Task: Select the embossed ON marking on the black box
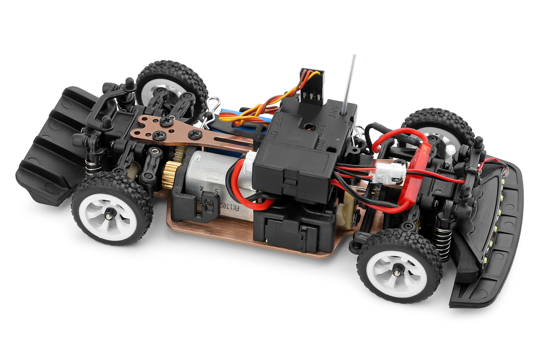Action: tap(274, 135)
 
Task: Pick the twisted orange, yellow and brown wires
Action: tap(271, 104)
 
